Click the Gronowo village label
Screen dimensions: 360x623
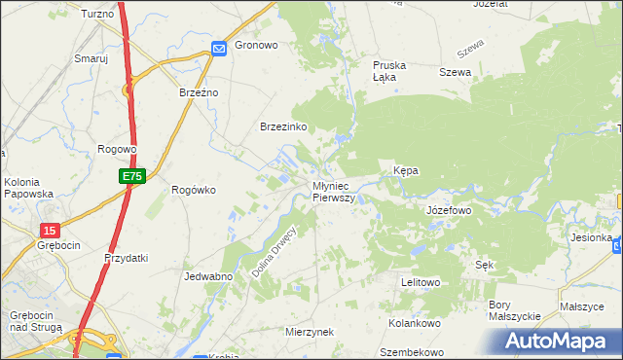pyautogui.click(x=257, y=46)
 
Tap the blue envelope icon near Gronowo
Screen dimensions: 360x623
pyautogui.click(x=220, y=47)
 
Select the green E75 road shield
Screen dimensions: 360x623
pyautogui.click(x=133, y=176)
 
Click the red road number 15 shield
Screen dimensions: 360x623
pyautogui.click(x=49, y=230)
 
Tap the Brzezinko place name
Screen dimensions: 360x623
pyautogui.click(x=284, y=127)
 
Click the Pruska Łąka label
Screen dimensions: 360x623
pyautogui.click(x=389, y=71)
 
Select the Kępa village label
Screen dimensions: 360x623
pyautogui.click(x=406, y=170)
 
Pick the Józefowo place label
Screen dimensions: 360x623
pyautogui.click(x=449, y=210)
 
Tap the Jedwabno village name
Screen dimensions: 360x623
pyautogui.click(x=207, y=276)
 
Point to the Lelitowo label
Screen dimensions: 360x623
pyautogui.click(x=421, y=282)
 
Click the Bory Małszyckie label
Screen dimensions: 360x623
pyautogui.click(x=514, y=310)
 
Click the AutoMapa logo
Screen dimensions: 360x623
pyautogui.click(x=558, y=342)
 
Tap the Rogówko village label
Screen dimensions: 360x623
pyautogui.click(x=193, y=190)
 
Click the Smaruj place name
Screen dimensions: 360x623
pyautogui.click(x=91, y=58)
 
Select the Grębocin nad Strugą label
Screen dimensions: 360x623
pyautogui.click(x=36, y=321)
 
